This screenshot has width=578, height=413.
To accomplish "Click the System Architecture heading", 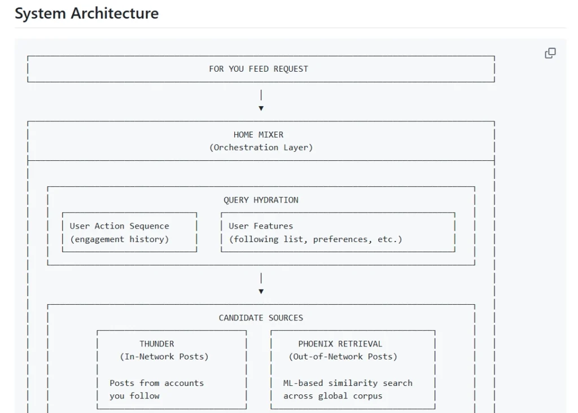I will click(x=86, y=14).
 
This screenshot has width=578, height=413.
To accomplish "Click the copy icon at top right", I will click(x=550, y=53).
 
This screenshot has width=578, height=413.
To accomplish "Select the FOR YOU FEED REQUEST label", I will click(x=259, y=69).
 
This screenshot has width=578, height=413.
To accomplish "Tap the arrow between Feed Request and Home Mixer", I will click(x=261, y=107).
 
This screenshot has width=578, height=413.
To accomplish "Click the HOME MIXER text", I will click(x=259, y=135).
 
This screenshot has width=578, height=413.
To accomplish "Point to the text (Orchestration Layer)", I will click(x=261, y=147).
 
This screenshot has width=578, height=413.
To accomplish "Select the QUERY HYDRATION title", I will click(x=261, y=200).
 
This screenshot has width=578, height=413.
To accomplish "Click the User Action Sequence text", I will click(x=119, y=226).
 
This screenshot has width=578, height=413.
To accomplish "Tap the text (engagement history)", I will click(x=119, y=239).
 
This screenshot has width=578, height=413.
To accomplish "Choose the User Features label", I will click(x=261, y=226).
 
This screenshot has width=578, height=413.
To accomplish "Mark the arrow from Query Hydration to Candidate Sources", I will click(x=261, y=291).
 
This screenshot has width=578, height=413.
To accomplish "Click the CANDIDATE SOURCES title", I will click(x=261, y=318).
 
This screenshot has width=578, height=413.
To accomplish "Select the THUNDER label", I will click(x=157, y=344).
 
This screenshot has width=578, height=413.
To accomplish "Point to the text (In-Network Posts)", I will click(x=164, y=357).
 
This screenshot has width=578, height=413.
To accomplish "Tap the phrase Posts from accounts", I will click(x=156, y=383).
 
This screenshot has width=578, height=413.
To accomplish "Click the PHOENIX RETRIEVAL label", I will click(x=340, y=344).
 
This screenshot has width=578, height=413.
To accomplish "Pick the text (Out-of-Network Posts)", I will click(x=343, y=357).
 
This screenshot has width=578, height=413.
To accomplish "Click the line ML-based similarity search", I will click(x=348, y=383).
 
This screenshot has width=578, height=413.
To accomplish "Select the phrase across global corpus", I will click(x=332, y=396).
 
